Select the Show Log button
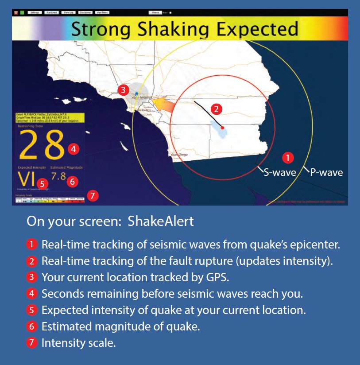point(69,12)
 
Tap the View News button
point(101,12)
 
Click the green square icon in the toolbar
point(22,12)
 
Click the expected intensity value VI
point(27,179)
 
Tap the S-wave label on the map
point(280,173)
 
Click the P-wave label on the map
point(326,173)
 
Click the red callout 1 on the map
point(288,157)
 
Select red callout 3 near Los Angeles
point(124,90)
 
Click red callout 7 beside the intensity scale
point(92,195)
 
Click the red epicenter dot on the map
point(222,127)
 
